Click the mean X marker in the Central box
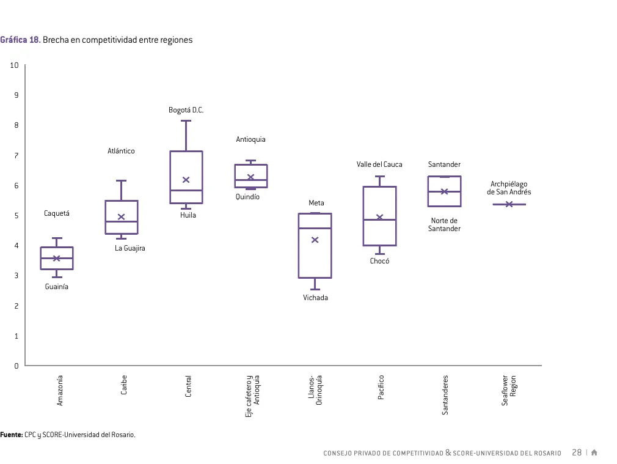[186, 180]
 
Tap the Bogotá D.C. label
[186, 110]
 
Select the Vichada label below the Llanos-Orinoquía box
[315, 297]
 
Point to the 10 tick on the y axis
[14, 65]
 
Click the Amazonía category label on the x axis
[59, 391]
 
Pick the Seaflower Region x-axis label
[509, 391]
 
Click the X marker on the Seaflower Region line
[509, 204]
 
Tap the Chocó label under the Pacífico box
[379, 261]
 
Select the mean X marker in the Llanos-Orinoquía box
[315, 240]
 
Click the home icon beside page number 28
[594, 452]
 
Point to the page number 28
[577, 452]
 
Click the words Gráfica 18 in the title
[20, 40]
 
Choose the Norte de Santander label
[444, 224]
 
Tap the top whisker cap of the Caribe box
[121, 181]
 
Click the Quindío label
[247, 197]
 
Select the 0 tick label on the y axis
[16, 366]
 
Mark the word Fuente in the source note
[12, 435]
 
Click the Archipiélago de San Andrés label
[509, 188]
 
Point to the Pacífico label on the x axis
[381, 387]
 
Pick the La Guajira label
[130, 248]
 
